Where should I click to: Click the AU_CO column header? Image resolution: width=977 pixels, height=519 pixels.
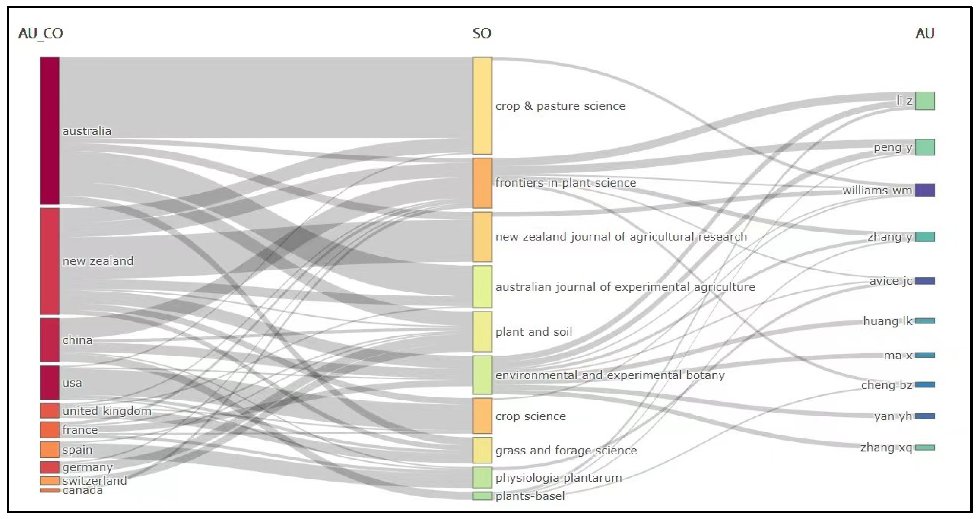point(40,33)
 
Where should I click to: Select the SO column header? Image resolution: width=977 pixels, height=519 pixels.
point(482,33)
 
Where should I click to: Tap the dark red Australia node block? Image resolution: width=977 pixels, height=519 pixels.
point(50,131)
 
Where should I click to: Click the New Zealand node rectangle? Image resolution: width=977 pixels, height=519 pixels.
point(50,261)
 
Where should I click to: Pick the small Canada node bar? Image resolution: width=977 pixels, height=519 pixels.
point(50,490)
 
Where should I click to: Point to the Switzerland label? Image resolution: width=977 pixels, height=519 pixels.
point(95,481)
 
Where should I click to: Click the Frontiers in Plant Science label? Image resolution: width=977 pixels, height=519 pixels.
point(566,183)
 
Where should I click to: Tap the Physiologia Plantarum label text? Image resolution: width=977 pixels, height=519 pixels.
point(559,478)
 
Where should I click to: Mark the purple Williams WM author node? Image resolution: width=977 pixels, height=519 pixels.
point(925,190)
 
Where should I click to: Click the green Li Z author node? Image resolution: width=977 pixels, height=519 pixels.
point(925,101)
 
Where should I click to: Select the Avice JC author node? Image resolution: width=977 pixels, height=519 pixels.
point(925,281)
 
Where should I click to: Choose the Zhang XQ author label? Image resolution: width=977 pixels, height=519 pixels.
point(886,448)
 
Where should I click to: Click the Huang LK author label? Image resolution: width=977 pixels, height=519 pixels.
point(888,321)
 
